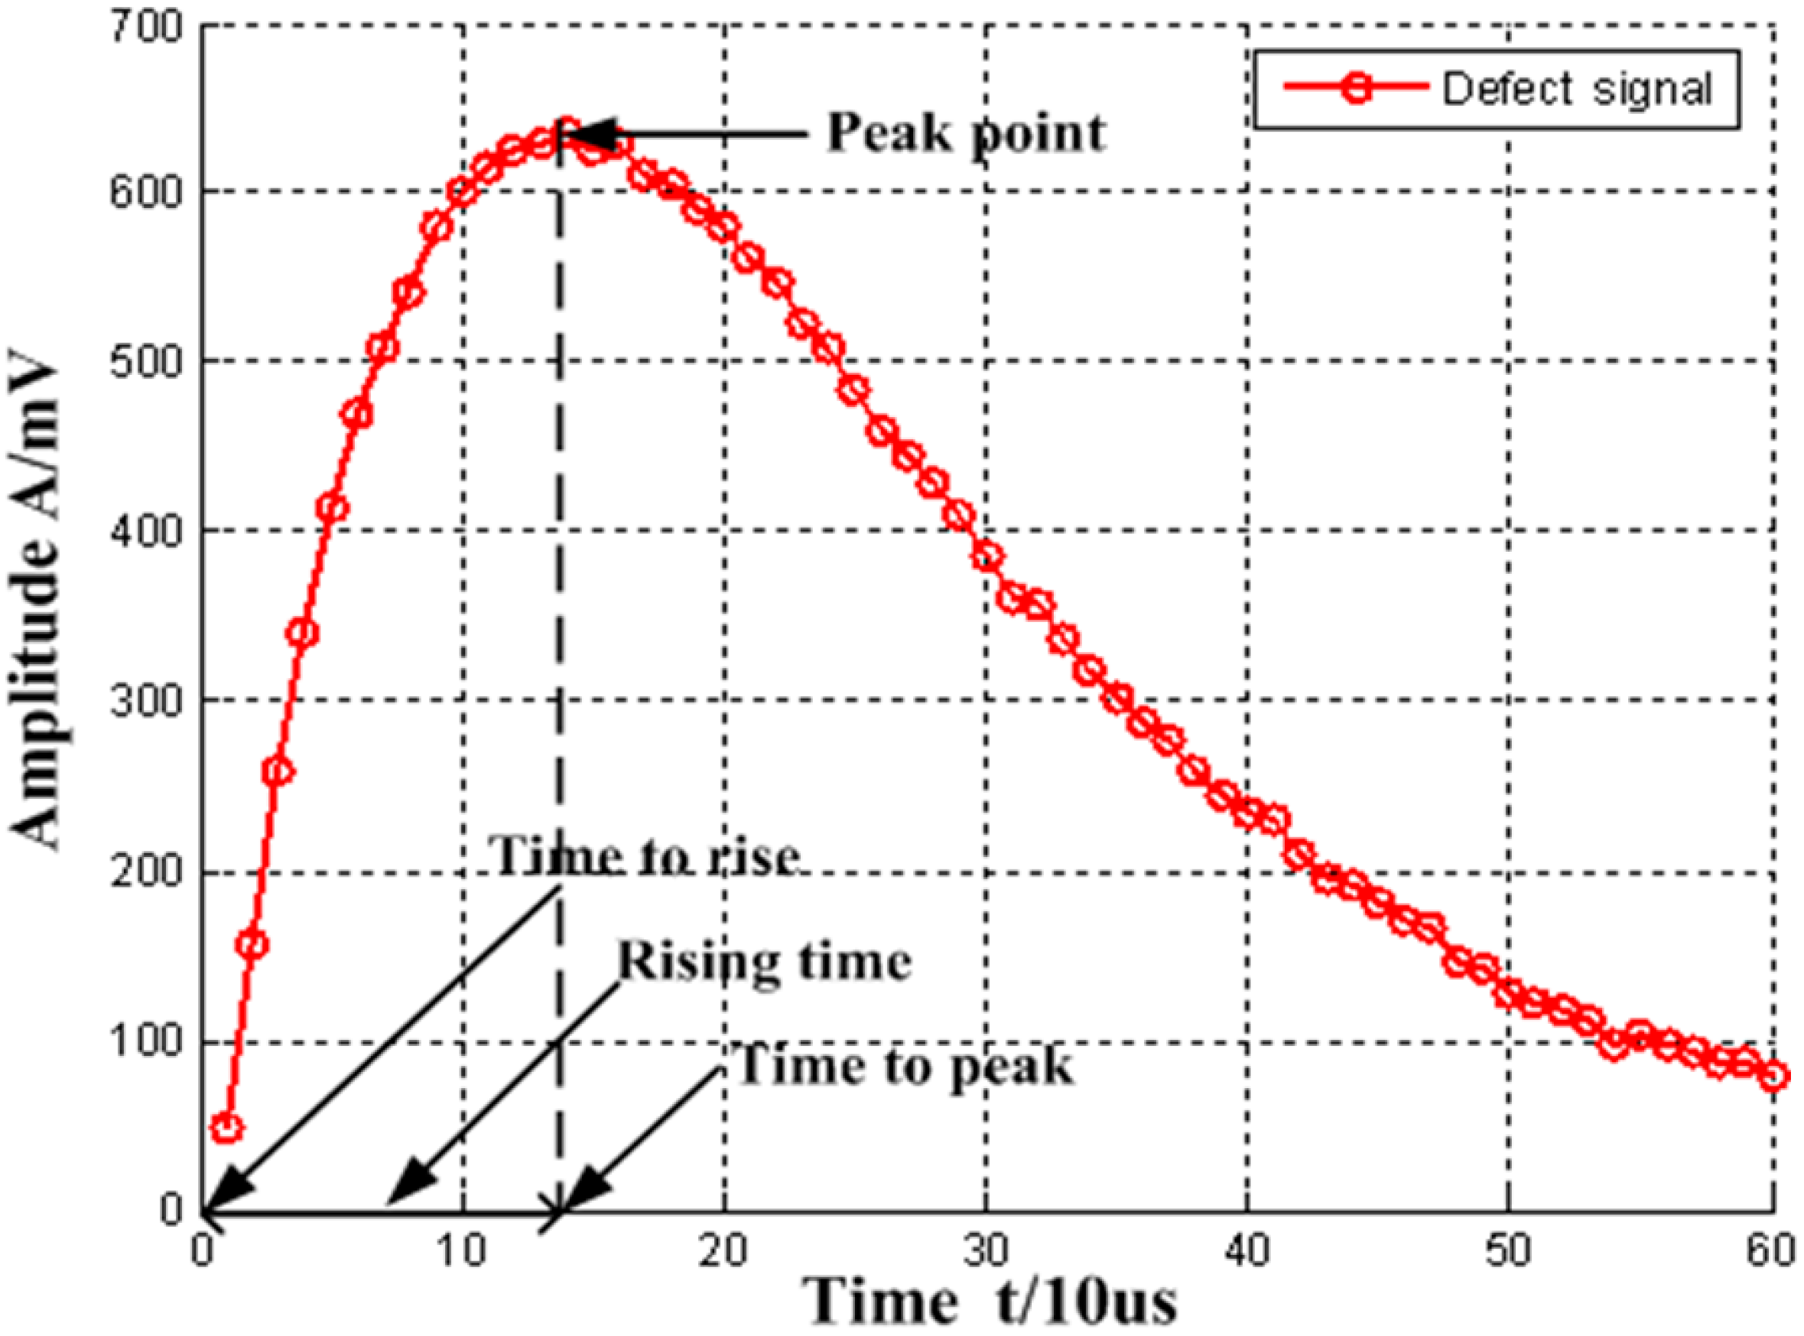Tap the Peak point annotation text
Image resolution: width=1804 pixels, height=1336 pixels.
point(965,133)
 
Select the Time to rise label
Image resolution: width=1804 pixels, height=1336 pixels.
point(647,856)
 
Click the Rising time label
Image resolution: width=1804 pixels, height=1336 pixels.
point(765,963)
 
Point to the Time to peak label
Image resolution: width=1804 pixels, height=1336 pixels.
point(905,1066)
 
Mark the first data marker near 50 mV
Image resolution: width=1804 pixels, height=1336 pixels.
point(227,1127)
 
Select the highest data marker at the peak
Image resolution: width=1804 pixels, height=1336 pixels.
point(567,130)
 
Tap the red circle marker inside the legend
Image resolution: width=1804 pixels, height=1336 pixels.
point(1357,89)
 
